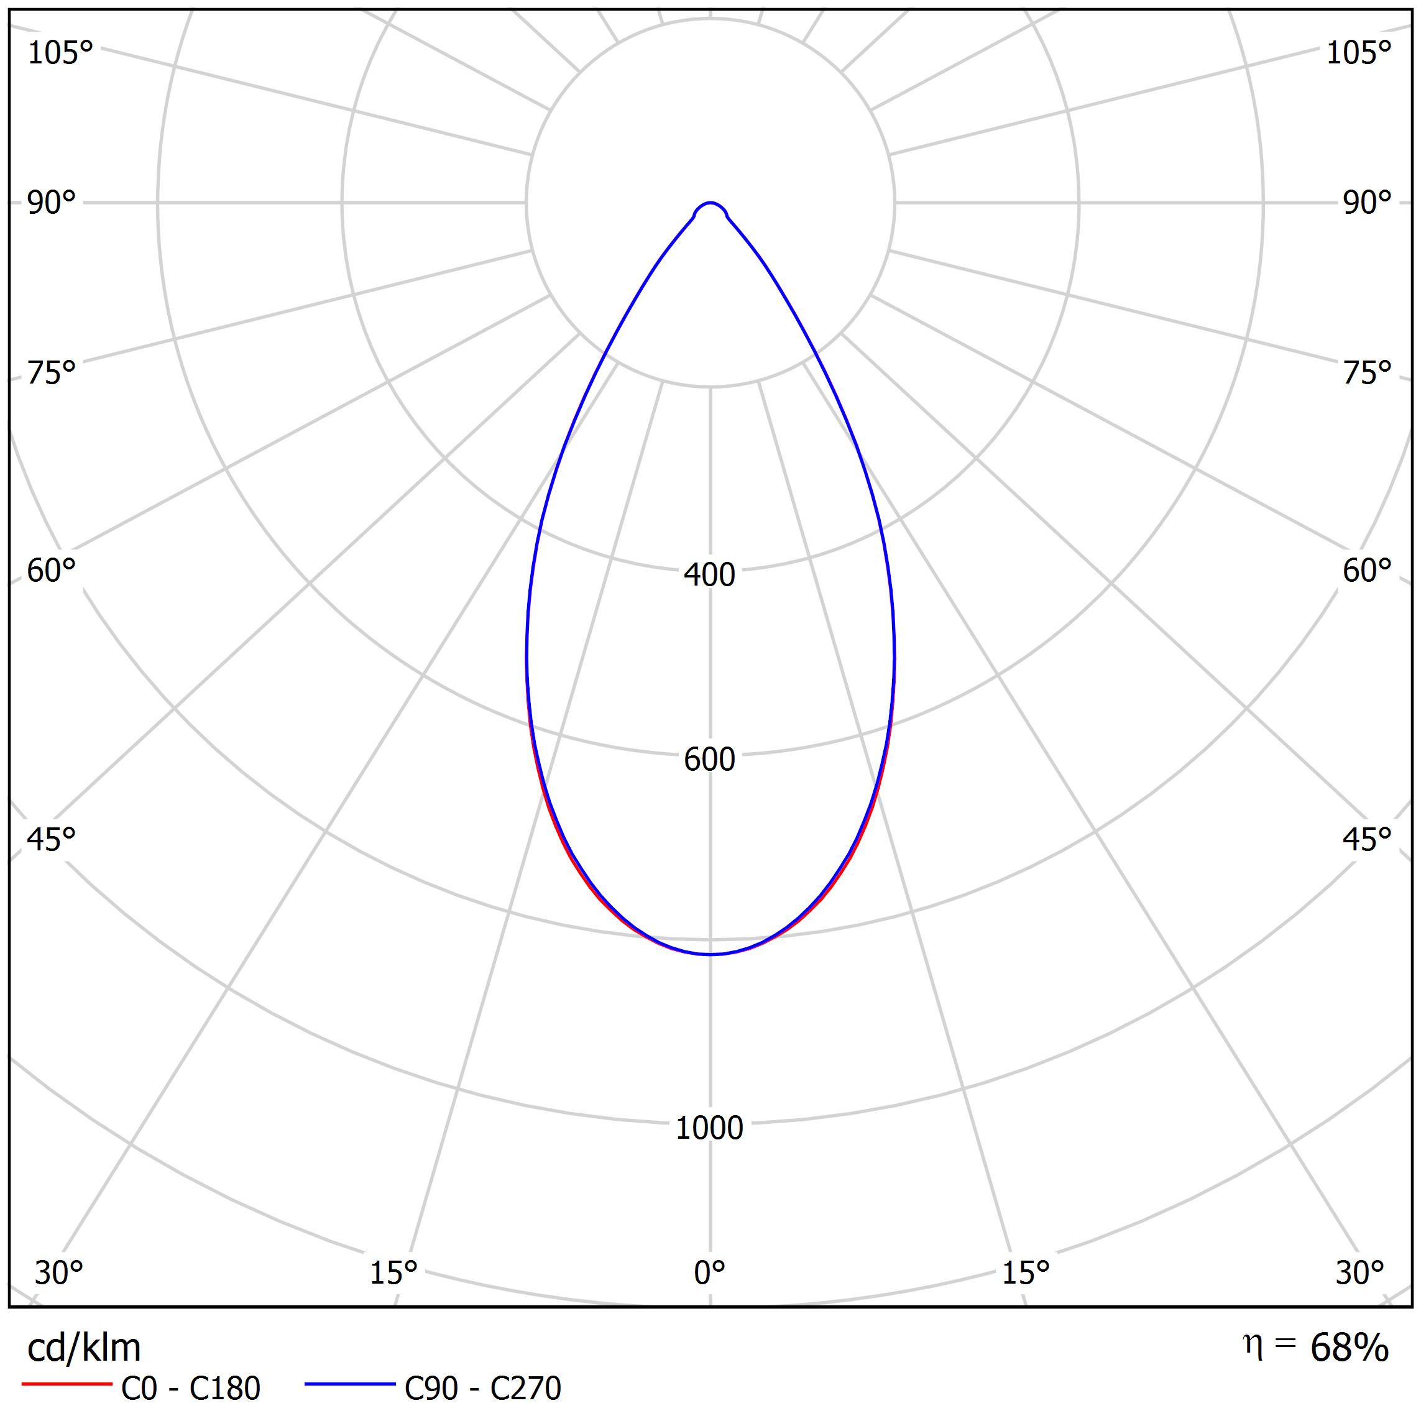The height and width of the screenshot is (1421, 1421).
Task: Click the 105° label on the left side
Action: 60,53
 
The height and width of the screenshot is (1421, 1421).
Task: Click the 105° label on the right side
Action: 1358,53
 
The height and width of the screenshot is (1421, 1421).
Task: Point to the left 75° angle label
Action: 52,373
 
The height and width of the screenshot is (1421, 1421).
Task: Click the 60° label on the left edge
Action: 52,571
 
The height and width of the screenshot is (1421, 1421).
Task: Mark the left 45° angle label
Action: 52,839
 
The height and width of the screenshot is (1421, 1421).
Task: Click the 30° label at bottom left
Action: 59,1272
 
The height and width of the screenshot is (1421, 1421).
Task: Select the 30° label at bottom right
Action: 1360,1272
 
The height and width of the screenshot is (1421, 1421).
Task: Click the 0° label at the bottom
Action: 710,1272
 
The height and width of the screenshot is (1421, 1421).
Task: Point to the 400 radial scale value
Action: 710,574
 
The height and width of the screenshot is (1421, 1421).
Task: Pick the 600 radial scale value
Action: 710,759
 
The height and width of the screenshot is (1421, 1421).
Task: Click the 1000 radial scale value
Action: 710,1128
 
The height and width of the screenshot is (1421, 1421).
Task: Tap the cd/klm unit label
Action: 84,1348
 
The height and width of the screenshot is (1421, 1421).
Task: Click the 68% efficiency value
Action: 1349,1348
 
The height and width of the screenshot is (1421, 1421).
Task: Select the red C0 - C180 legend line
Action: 66,1384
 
